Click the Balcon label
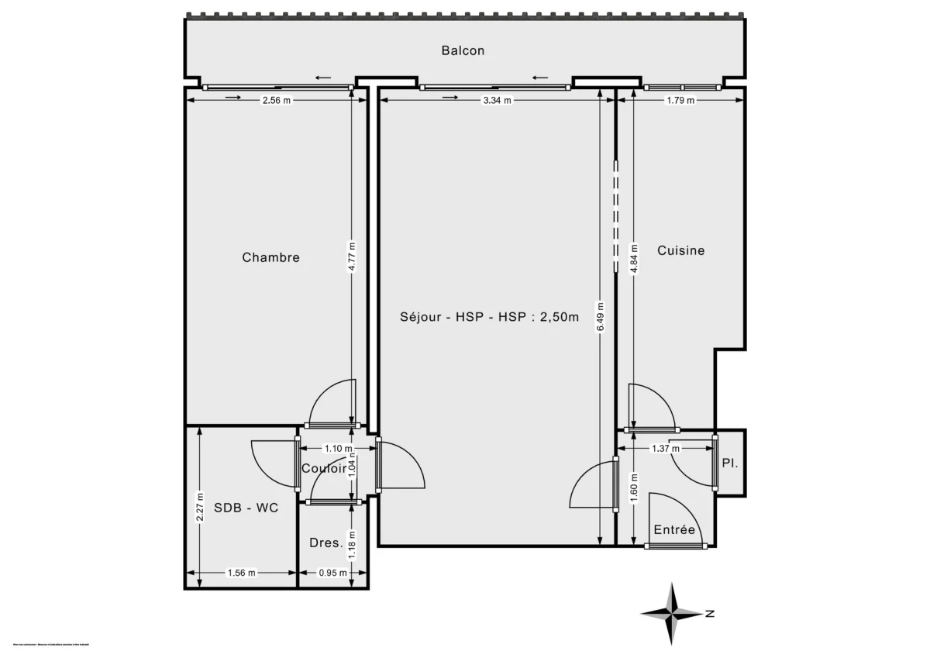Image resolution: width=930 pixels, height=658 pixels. (x=463, y=51)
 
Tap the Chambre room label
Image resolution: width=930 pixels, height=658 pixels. (x=270, y=257)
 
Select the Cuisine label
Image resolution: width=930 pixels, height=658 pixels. (x=680, y=250)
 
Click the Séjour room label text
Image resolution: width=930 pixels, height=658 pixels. (x=489, y=316)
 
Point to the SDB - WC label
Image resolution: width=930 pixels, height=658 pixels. (x=246, y=508)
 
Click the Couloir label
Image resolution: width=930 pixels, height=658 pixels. (x=324, y=468)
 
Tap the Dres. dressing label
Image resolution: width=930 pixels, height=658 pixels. (x=325, y=543)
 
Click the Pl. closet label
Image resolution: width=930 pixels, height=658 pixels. (x=729, y=463)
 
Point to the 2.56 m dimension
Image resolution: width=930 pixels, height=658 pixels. (x=276, y=100)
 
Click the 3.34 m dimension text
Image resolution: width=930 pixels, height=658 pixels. (x=497, y=100)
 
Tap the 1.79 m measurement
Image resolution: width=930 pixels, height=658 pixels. (x=680, y=100)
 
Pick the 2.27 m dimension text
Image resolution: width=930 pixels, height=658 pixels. (x=200, y=508)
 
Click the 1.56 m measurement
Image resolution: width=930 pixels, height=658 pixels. (x=240, y=574)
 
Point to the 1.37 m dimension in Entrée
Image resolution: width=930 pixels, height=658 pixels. (x=665, y=448)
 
